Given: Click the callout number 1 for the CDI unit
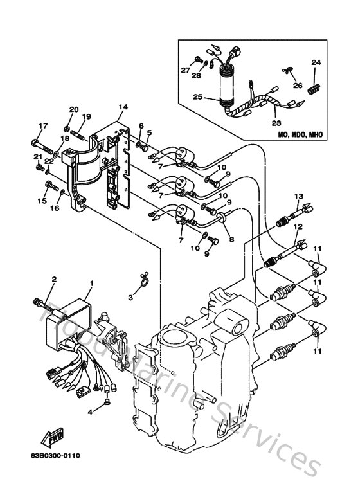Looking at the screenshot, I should tap(91, 283).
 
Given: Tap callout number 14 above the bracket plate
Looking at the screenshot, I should tap(123, 107).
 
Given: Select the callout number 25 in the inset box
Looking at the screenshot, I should tap(197, 97).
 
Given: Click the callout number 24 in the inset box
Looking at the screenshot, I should tap(316, 62).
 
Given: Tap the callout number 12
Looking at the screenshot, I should tap(298, 226).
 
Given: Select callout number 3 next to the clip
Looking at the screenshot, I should tap(130, 298).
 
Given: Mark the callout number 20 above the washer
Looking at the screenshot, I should tap(73, 109).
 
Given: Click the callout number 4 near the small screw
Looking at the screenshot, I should tap(91, 410).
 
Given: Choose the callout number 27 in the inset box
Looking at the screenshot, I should tap(185, 69).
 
